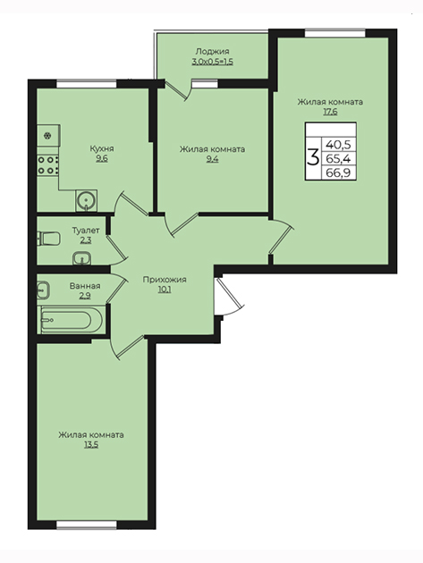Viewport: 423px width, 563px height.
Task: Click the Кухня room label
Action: point(102,148)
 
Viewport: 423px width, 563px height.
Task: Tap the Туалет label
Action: point(86,230)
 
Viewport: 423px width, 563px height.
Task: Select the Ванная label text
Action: point(85,286)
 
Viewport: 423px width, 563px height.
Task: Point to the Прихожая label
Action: point(165,280)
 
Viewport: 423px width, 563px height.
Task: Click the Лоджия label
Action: point(213,51)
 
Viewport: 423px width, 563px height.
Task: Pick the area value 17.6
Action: point(330,112)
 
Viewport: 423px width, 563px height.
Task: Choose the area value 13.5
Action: point(91,444)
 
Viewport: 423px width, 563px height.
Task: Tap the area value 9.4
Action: point(213,159)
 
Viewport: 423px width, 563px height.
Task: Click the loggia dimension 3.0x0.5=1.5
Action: point(213,62)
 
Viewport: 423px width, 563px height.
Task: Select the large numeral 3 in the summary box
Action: point(313,157)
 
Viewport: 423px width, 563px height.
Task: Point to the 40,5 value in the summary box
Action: point(338,145)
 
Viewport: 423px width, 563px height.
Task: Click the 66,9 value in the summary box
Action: point(338,173)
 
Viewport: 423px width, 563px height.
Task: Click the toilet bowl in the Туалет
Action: point(48,239)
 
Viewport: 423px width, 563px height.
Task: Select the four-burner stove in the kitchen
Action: point(48,165)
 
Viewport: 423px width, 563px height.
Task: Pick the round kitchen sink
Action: point(86,200)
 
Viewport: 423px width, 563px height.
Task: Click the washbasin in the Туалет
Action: point(82,258)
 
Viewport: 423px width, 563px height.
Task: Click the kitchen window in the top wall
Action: point(87,84)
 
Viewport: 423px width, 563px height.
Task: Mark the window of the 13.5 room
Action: point(87,525)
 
